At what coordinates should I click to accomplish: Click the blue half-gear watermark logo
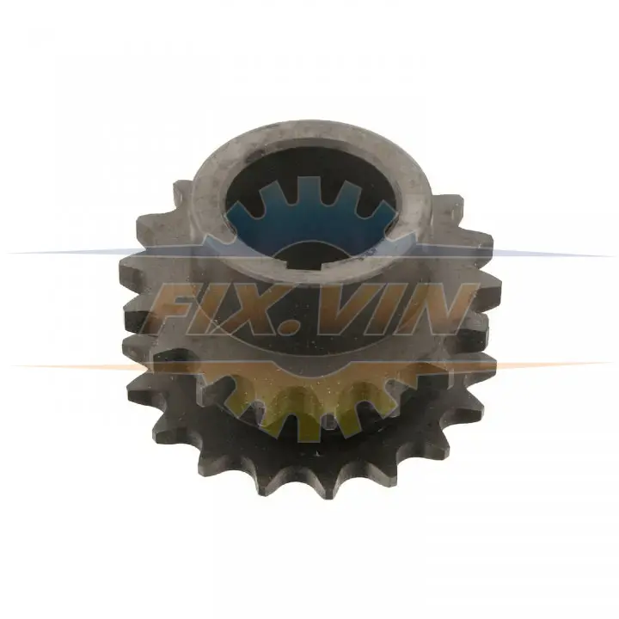pyautogui.click(x=312, y=218)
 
